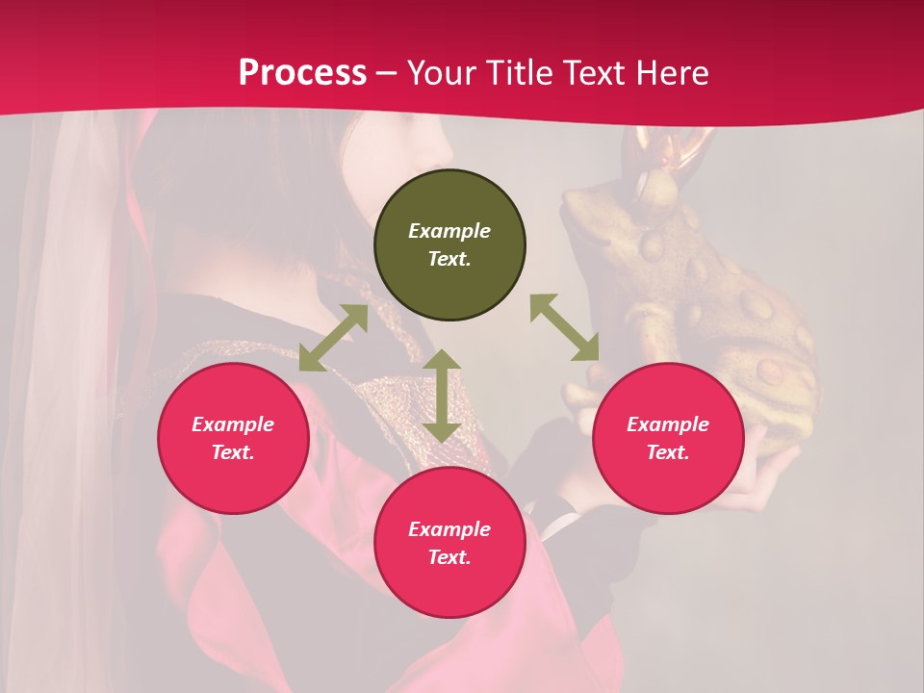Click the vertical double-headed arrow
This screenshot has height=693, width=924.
(442, 396)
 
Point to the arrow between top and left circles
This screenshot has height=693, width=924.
(333, 338)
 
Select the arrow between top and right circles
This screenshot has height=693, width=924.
(564, 327)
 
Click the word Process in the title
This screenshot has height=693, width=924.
(302, 73)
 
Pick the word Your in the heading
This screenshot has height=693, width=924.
(442, 73)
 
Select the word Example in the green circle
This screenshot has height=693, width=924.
(449, 231)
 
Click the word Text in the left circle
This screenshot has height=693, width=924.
(233, 452)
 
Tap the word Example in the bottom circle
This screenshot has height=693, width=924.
(449, 529)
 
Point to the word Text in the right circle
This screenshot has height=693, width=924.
(668, 452)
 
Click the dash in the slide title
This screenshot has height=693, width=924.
(387, 74)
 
